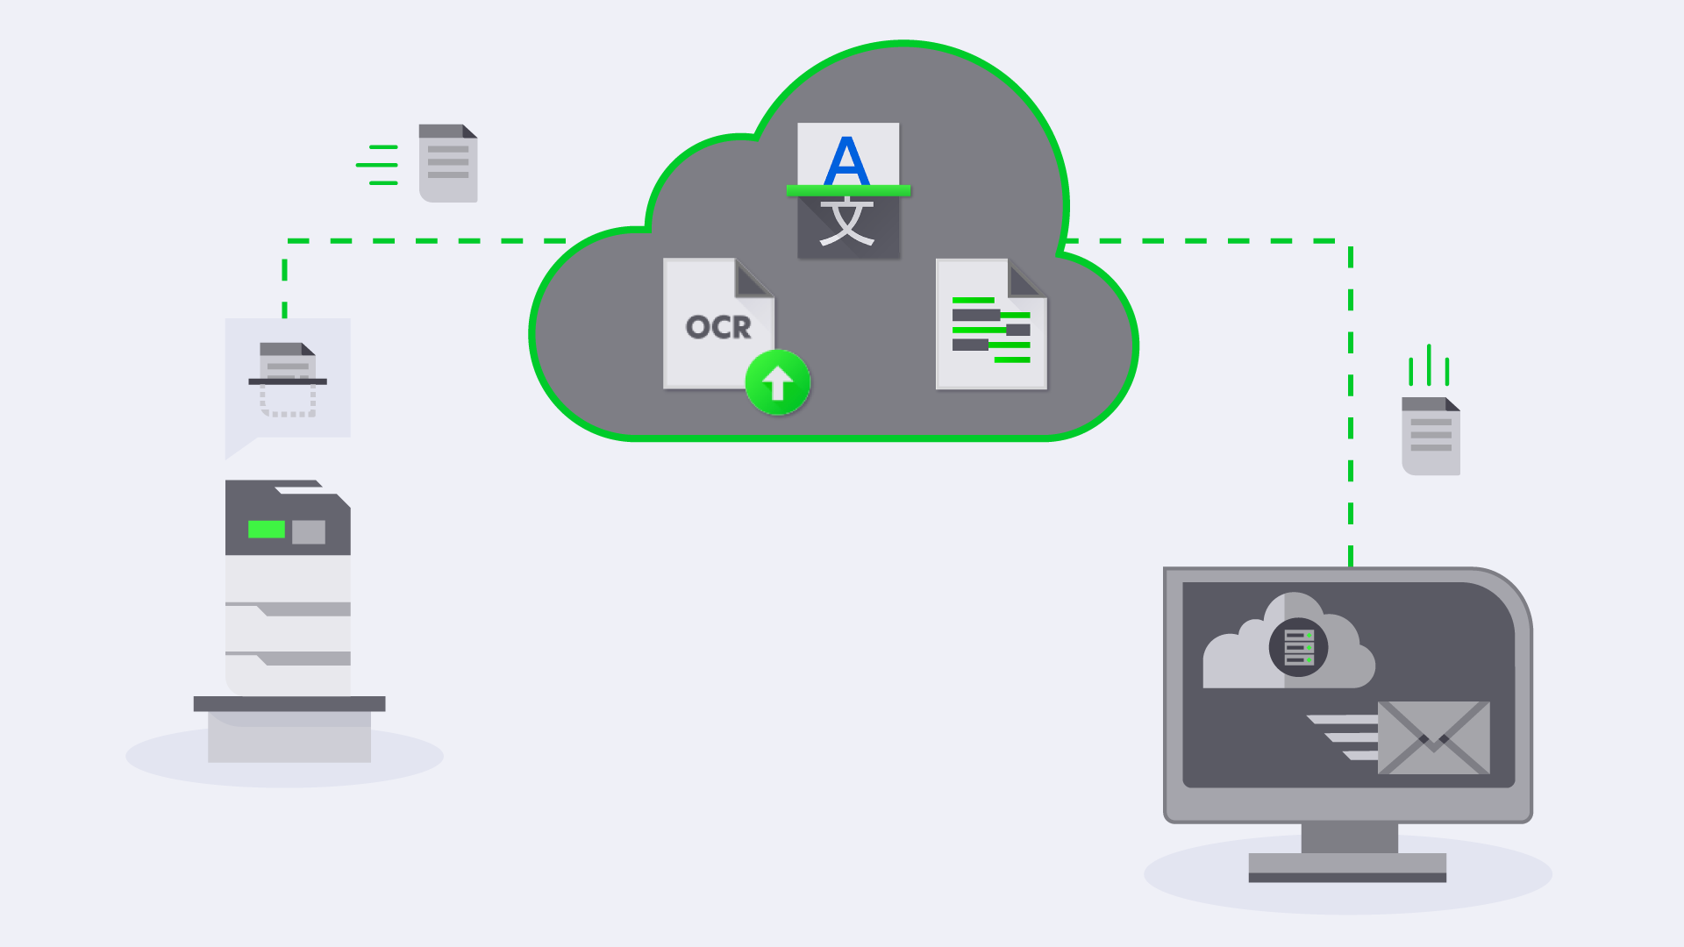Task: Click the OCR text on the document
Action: click(x=718, y=327)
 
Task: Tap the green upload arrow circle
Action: click(x=777, y=383)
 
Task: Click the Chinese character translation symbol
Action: click(x=847, y=223)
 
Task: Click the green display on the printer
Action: click(x=267, y=530)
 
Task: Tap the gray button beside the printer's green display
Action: click(x=309, y=531)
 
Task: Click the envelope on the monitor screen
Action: click(x=1433, y=737)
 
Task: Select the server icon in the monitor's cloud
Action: click(x=1298, y=648)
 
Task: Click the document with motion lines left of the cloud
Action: click(x=448, y=163)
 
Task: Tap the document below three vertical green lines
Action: click(x=1431, y=436)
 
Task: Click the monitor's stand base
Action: click(x=1347, y=867)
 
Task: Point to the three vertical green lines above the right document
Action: click(x=1429, y=366)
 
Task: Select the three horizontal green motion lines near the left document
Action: click(x=378, y=165)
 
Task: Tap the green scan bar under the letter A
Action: click(x=848, y=190)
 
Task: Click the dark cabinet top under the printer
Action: click(x=289, y=703)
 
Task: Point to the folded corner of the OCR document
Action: click(x=753, y=279)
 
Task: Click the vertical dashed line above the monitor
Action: click(x=1351, y=403)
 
